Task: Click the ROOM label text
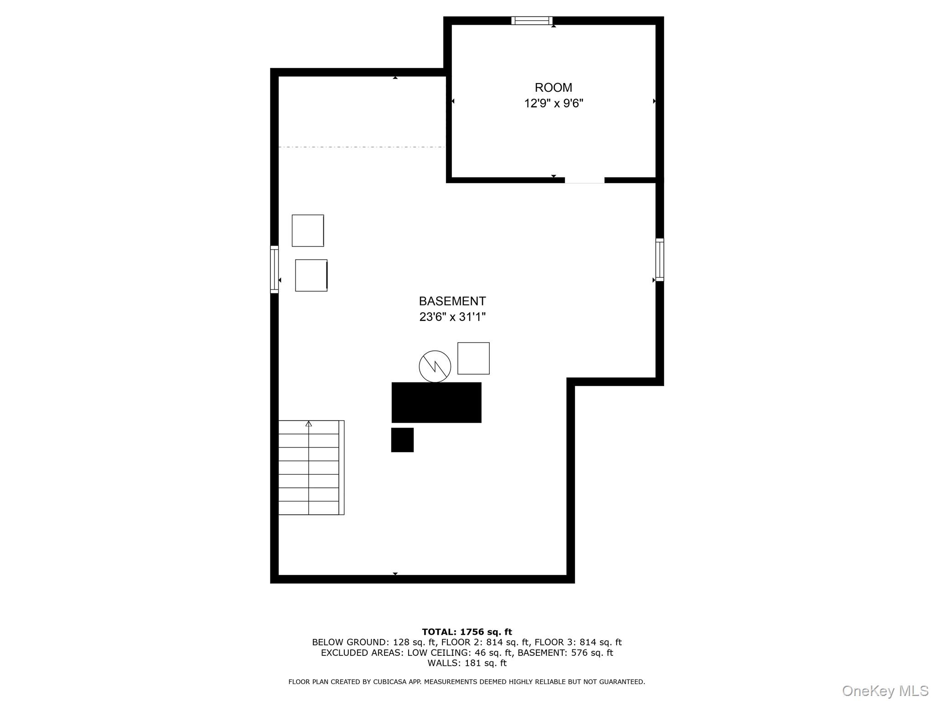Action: click(553, 88)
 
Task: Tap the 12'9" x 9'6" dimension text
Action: click(553, 104)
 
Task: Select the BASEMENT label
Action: click(452, 301)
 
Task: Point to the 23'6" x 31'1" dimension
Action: click(452, 317)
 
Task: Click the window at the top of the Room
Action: click(532, 21)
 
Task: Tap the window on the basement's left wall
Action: click(274, 269)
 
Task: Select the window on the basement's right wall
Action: click(659, 259)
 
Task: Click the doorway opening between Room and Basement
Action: click(585, 180)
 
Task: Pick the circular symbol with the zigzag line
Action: click(435, 366)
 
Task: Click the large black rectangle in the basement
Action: click(436, 403)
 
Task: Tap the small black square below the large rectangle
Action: click(402, 440)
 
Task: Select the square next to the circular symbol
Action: click(473, 358)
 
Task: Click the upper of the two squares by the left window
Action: click(308, 230)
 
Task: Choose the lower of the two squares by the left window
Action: click(311, 275)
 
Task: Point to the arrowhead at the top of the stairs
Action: click(309, 424)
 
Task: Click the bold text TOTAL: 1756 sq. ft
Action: click(467, 632)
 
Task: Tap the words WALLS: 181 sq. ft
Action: click(467, 663)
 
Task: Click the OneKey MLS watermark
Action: click(885, 691)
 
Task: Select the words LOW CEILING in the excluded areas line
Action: click(435, 653)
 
